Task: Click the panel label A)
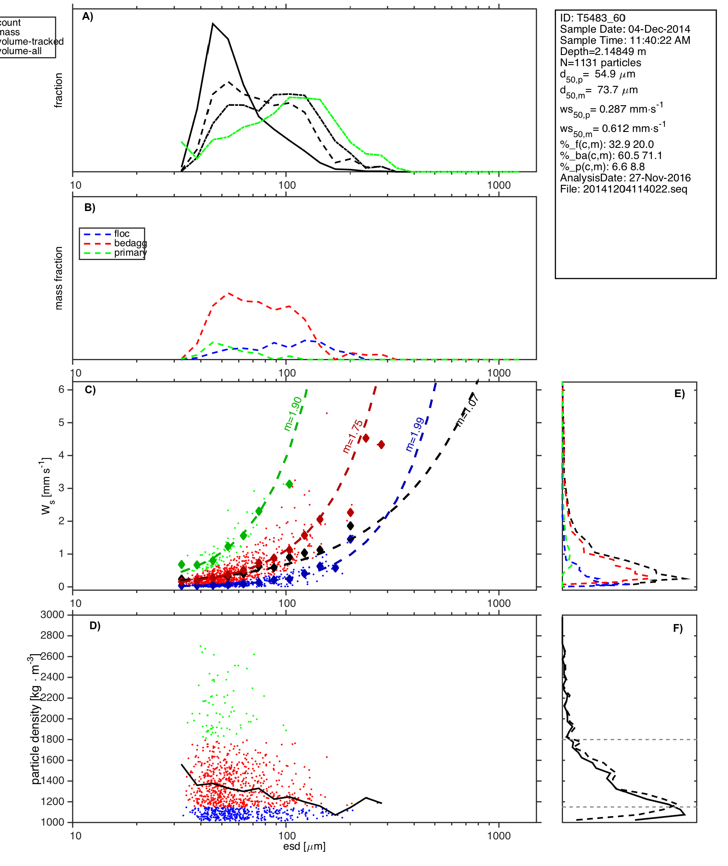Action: (x=88, y=17)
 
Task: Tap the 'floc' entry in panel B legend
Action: (x=122, y=234)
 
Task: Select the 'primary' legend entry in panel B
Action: (x=130, y=253)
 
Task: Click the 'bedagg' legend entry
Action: (x=130, y=243)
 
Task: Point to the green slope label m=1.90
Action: (x=293, y=413)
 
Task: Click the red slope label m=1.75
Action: (x=353, y=436)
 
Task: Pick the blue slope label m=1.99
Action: (x=415, y=434)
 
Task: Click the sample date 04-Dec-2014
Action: (x=659, y=29)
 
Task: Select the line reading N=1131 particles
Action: (x=600, y=63)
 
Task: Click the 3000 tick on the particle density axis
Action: (x=52, y=615)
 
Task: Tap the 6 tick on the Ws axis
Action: (x=62, y=389)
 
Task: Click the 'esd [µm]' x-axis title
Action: (x=304, y=847)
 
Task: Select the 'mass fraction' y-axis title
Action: (x=59, y=278)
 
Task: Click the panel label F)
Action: (x=678, y=629)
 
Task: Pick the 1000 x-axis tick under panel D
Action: (x=499, y=836)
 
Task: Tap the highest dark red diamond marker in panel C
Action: (x=366, y=438)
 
